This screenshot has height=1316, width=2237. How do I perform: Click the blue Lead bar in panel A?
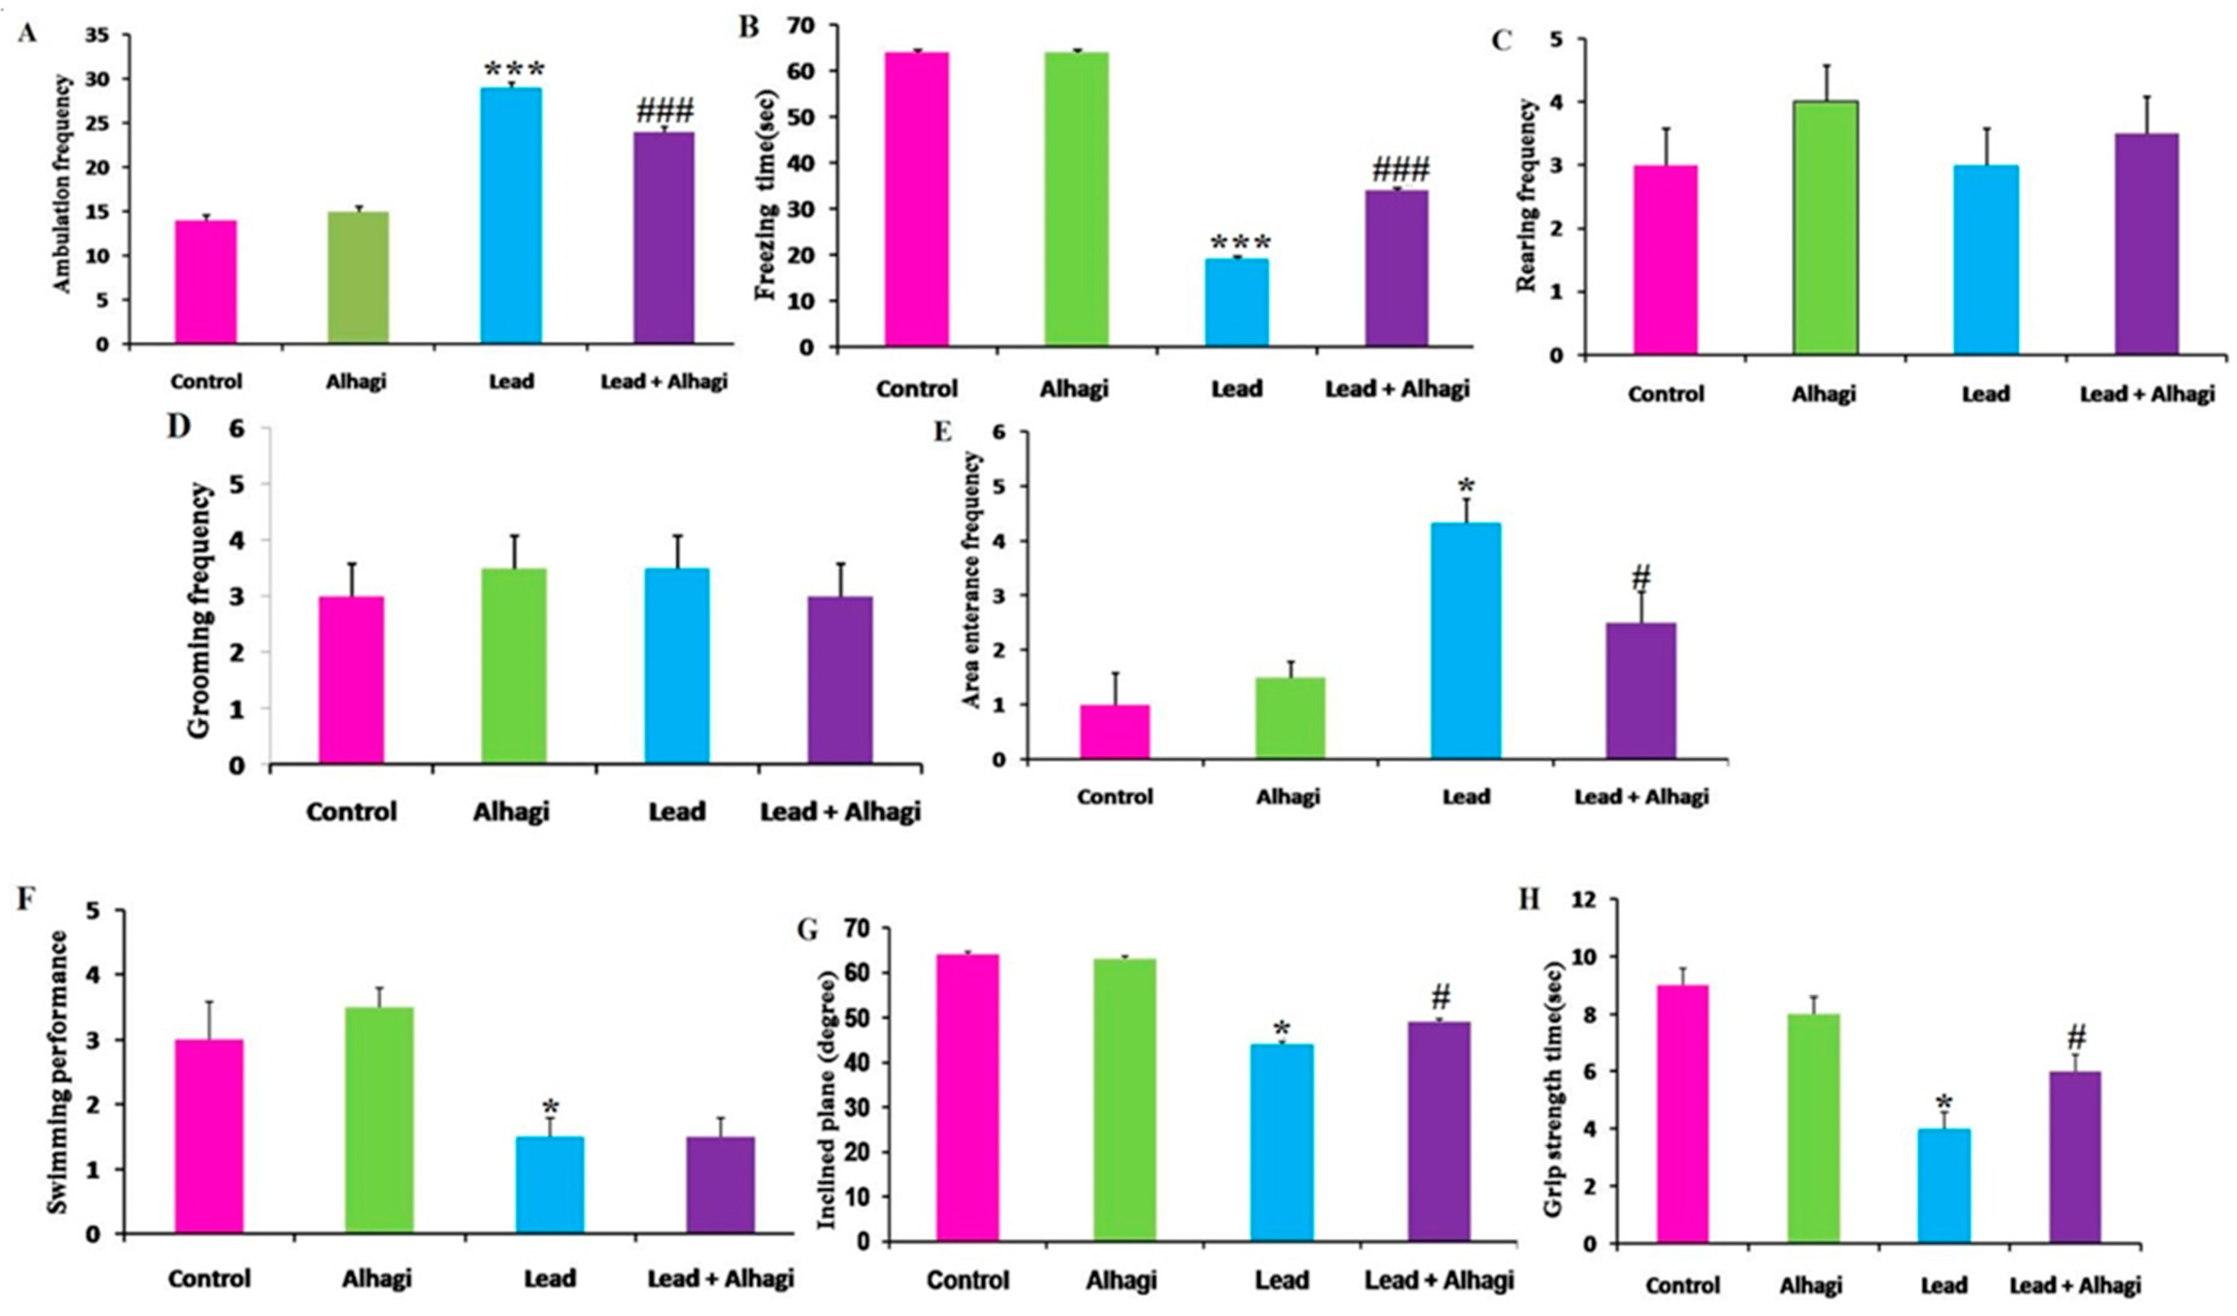tap(511, 215)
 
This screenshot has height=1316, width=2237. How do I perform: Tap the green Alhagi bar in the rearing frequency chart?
tap(1825, 228)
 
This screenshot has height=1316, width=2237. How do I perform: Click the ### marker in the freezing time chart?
tap(1401, 168)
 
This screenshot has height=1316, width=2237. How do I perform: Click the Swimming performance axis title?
tap(57, 1071)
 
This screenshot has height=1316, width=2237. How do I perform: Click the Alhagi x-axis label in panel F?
tap(377, 1279)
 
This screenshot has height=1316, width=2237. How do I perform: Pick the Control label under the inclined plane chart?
tap(968, 1280)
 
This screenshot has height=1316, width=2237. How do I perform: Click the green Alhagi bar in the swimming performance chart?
tap(379, 1119)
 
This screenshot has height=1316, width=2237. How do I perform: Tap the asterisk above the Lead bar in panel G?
tap(1281, 1030)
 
